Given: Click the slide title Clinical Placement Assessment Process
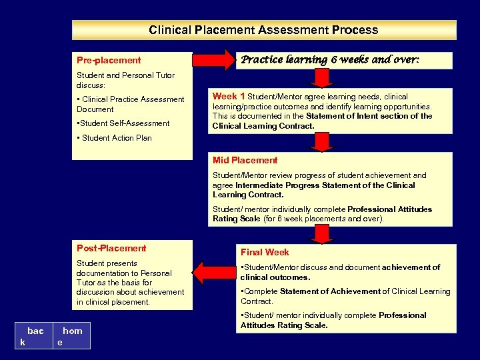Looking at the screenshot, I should [263, 30].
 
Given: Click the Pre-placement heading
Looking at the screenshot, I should [109, 60].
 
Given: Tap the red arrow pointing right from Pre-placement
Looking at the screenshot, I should [213, 61].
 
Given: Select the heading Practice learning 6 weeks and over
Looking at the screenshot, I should [329, 60].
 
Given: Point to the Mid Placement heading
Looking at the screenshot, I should [245, 160].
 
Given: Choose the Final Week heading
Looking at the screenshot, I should [265, 252].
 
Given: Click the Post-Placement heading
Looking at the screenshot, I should [111, 248].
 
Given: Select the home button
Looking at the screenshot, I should [71, 336].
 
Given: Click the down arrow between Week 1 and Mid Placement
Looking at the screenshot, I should [322, 142].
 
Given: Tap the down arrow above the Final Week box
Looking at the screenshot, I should [322, 234].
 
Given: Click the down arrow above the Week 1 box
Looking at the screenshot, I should [322, 78].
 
